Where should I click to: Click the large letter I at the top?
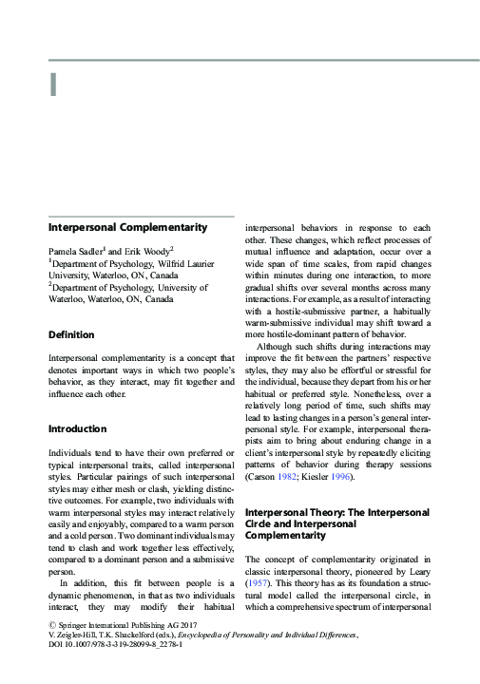click(x=53, y=84)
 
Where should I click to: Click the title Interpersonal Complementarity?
click(x=127, y=228)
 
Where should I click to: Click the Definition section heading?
click(x=71, y=334)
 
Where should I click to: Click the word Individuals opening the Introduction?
click(x=73, y=453)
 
